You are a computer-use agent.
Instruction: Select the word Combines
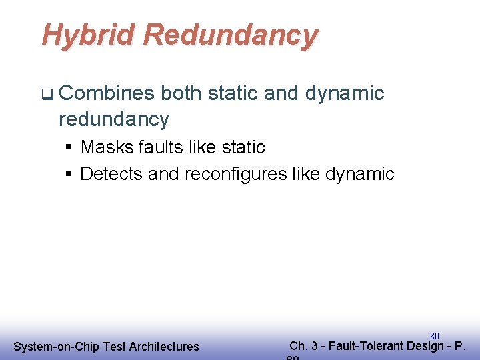click(x=107, y=93)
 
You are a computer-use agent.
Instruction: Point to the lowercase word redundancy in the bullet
click(x=114, y=119)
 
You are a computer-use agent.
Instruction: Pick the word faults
click(x=162, y=147)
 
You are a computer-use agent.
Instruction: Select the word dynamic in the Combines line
click(x=345, y=93)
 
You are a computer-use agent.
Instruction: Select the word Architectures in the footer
click(x=164, y=346)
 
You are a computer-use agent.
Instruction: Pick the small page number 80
click(x=434, y=335)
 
